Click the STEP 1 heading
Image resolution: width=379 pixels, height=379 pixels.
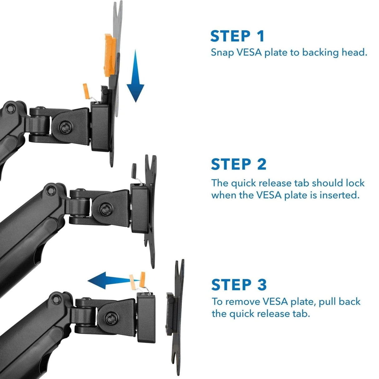237,36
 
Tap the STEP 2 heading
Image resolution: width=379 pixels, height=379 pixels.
239,165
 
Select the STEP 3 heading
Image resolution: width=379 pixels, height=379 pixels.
239,285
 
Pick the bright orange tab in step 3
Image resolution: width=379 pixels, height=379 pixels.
143,279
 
